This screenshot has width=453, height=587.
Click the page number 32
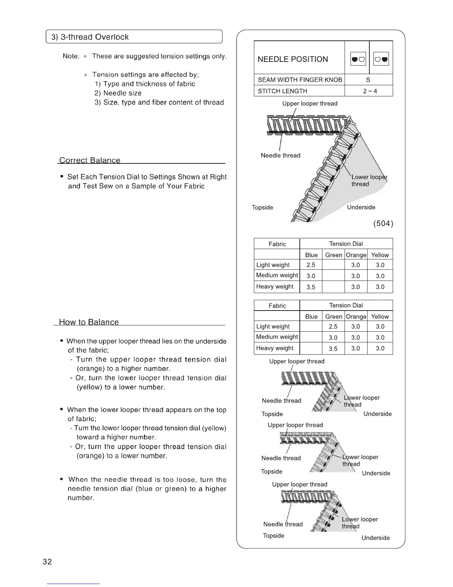click(x=47, y=561)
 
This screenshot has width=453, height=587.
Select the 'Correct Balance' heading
click(x=90, y=160)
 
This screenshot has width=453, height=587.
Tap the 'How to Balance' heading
click(x=89, y=322)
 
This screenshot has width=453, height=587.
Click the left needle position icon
click(x=358, y=59)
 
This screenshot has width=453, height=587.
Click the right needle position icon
click(x=381, y=59)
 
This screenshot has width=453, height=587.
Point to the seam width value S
click(x=368, y=80)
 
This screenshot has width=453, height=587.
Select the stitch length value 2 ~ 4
click(x=370, y=91)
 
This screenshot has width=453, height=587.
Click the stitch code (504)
click(x=383, y=223)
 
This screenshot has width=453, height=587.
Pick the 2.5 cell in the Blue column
click(x=311, y=265)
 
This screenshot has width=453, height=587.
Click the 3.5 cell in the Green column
click(x=333, y=349)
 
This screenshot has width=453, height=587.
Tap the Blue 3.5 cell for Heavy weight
click(x=311, y=287)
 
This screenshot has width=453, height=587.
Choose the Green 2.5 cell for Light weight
click(x=333, y=326)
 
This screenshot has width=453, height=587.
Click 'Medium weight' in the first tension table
click(x=277, y=275)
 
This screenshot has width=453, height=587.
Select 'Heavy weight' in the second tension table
click(x=275, y=348)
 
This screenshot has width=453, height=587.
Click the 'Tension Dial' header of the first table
click(x=346, y=244)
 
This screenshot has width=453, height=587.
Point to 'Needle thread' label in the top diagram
click(x=281, y=155)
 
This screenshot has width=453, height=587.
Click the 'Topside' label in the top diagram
click(x=262, y=208)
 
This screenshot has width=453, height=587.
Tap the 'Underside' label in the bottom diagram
click(x=376, y=538)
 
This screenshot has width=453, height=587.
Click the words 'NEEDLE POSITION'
click(x=293, y=59)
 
